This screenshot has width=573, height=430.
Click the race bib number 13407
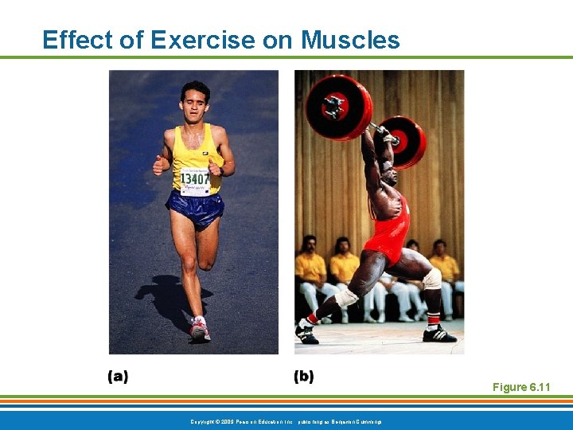point(195,181)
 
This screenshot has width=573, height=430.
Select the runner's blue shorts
point(194,209)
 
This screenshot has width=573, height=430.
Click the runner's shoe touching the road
point(199,328)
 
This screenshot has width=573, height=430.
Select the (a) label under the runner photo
point(118,377)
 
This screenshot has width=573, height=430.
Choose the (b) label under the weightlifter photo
point(303,377)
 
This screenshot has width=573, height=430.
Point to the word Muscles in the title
point(350,40)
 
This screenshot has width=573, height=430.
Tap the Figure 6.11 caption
point(521,387)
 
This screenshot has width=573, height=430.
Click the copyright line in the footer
point(286,420)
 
